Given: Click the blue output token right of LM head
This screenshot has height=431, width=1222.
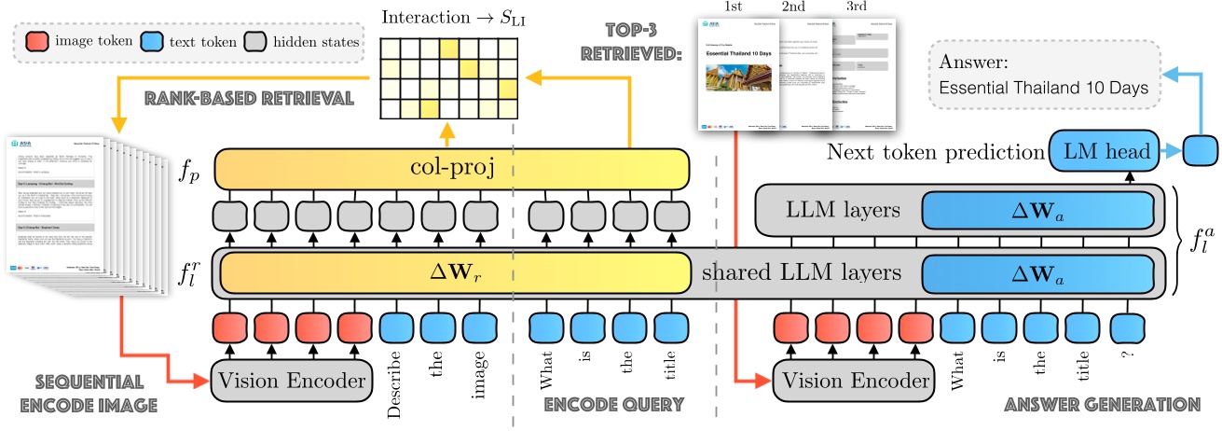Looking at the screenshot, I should (1198, 148).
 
